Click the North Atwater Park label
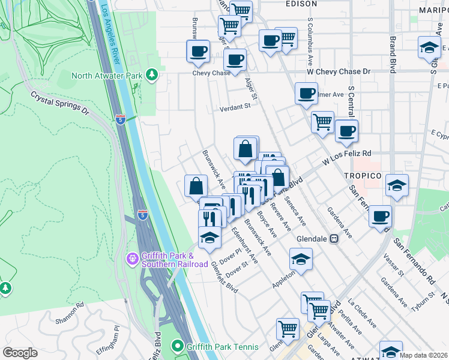click(x=107, y=75)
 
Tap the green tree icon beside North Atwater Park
click(x=153, y=74)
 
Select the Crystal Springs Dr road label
click(x=59, y=103)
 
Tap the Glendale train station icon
click(x=335, y=238)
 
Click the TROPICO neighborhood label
click(x=362, y=175)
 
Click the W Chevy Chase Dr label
click(x=338, y=71)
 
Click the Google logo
click(x=20, y=353)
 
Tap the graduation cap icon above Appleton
click(x=301, y=259)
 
